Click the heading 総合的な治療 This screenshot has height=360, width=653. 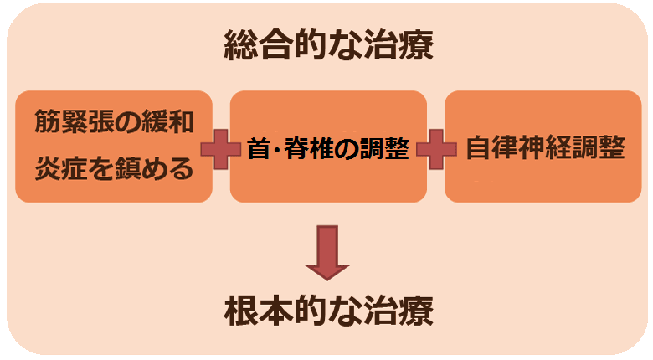(329, 47)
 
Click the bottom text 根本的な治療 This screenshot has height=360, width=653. (329, 311)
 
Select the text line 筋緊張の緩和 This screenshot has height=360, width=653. (114, 123)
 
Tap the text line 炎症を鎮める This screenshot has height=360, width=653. (114, 169)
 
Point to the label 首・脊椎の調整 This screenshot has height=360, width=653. (328, 148)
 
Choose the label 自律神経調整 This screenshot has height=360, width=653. (545, 148)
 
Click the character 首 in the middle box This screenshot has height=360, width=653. (257, 148)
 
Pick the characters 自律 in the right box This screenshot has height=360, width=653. (486, 148)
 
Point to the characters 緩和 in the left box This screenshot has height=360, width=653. (173, 123)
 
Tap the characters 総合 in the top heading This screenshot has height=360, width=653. (251, 47)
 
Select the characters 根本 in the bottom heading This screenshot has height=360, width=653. (251, 311)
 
